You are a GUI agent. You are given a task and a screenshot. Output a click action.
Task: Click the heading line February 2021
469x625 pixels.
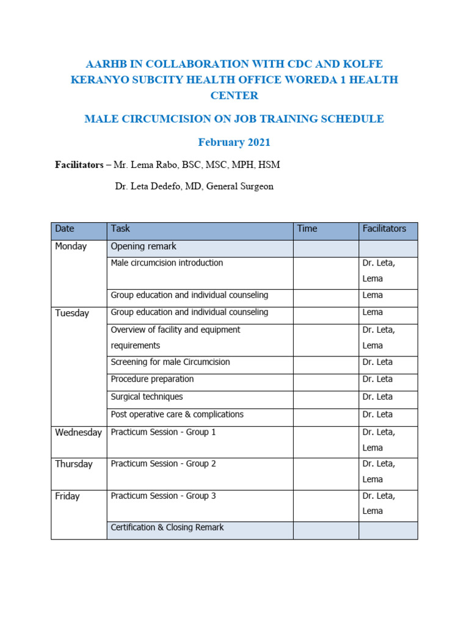pyautogui.click(x=234, y=142)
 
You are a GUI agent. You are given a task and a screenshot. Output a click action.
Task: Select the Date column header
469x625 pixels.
pyautogui.click(x=64, y=229)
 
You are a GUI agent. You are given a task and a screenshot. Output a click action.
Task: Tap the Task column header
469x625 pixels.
pyautogui.click(x=120, y=229)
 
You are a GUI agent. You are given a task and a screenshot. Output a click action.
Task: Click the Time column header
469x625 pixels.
pyautogui.click(x=307, y=229)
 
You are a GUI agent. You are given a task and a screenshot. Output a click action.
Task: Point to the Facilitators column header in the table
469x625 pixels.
pyautogui.click(x=384, y=229)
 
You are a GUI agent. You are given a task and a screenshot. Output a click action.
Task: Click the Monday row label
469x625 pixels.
pyautogui.click(x=71, y=247)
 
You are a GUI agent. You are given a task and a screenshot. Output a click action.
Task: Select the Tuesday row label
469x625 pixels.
pyautogui.click(x=72, y=313)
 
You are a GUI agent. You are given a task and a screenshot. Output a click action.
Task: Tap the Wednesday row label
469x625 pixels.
pyautogui.click(x=78, y=433)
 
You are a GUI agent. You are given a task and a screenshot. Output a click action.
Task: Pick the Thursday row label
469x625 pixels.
pyautogui.click(x=74, y=464)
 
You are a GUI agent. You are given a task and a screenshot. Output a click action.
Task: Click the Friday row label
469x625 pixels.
pyautogui.click(x=67, y=497)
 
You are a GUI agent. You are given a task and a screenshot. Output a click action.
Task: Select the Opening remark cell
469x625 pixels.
pyautogui.click(x=144, y=247)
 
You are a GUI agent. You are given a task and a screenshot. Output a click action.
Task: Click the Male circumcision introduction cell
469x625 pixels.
pyautogui.click(x=167, y=263)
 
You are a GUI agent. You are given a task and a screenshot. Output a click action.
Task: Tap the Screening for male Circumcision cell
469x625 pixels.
pyautogui.click(x=170, y=362)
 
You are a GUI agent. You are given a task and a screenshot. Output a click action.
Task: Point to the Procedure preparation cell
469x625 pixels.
pyautogui.click(x=152, y=379)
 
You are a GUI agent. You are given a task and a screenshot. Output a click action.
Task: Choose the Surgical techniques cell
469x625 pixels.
pyautogui.click(x=147, y=397)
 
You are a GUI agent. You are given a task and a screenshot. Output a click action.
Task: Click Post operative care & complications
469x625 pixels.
pyautogui.click(x=177, y=414)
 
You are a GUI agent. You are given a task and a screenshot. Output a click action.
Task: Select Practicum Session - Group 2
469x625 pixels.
pyautogui.click(x=163, y=464)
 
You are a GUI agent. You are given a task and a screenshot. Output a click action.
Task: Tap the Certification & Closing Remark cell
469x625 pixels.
pyautogui.click(x=167, y=527)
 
